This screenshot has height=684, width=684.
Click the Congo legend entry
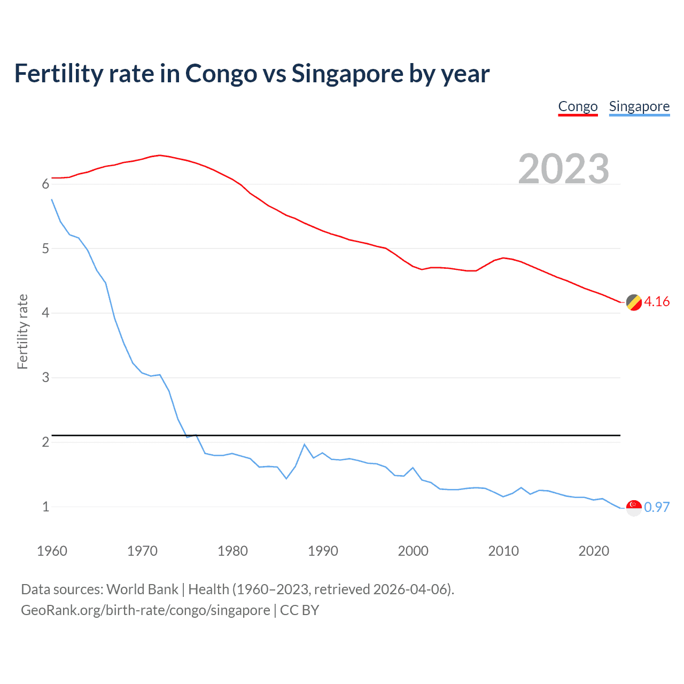pyautogui.click(x=578, y=106)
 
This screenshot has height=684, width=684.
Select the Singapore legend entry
pyautogui.click(x=639, y=106)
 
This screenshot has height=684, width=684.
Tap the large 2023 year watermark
pyautogui.click(x=564, y=169)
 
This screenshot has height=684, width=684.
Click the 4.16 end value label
pyautogui.click(x=657, y=302)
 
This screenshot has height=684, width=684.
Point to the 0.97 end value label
pyautogui.click(x=657, y=507)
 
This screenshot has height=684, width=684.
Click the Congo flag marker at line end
pyautogui.click(x=634, y=302)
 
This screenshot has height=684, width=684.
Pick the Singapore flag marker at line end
pyautogui.click(x=634, y=508)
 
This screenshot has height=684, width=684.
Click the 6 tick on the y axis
pyautogui.click(x=45, y=184)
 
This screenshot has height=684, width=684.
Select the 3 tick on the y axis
pyautogui.click(x=45, y=378)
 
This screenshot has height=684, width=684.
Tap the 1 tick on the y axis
pyautogui.click(x=45, y=507)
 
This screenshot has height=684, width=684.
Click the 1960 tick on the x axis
pyautogui.click(x=52, y=551)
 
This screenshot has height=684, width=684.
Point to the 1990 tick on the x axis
pyautogui.click(x=323, y=551)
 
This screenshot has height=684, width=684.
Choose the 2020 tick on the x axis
pyautogui.click(x=594, y=551)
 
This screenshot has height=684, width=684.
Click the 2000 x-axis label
pyautogui.click(x=413, y=551)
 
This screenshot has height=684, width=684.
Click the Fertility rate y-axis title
pyautogui.click(x=22, y=331)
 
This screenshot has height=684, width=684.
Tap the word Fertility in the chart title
pyautogui.click(x=58, y=74)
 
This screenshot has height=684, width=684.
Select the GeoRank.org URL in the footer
pyautogui.click(x=145, y=610)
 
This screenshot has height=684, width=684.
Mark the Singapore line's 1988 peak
pyautogui.click(x=305, y=445)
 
